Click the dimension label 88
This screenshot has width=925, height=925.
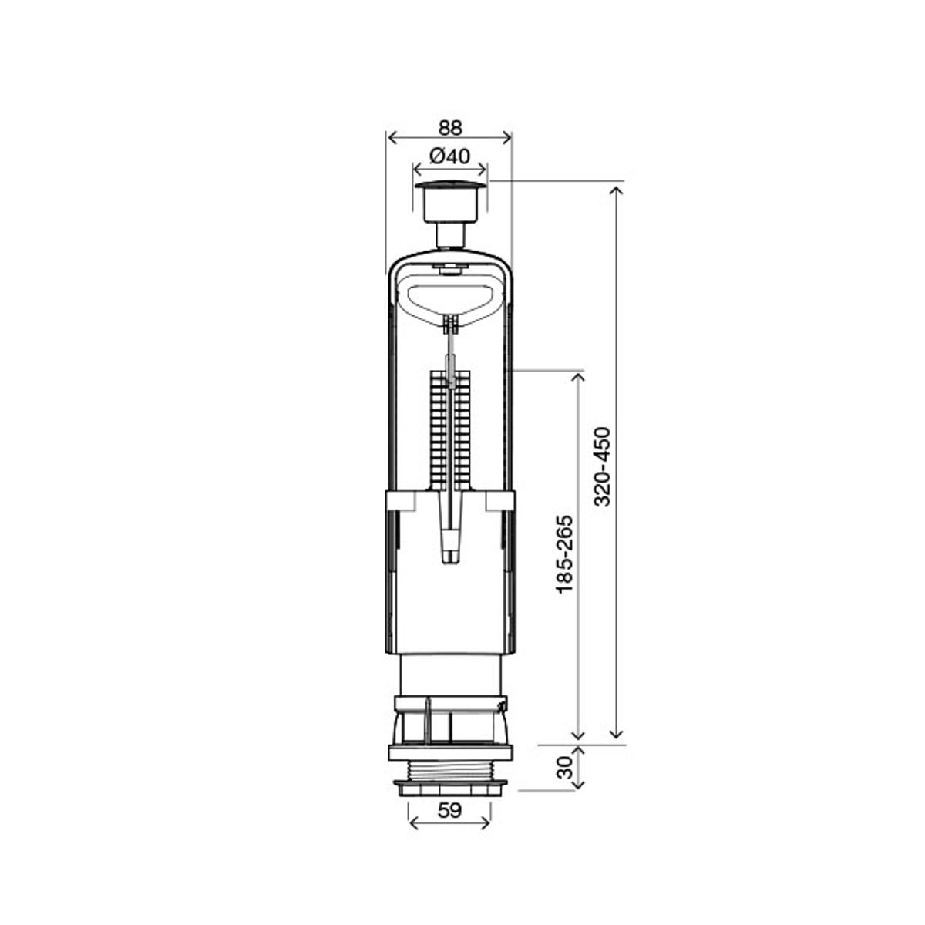coord(449,128)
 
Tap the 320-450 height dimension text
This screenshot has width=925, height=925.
coord(602,466)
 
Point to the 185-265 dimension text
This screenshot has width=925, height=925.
coord(565,555)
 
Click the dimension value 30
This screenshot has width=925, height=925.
coord(565,768)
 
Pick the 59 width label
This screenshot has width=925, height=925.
coord(449,811)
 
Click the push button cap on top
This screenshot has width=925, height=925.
coord(449,185)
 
